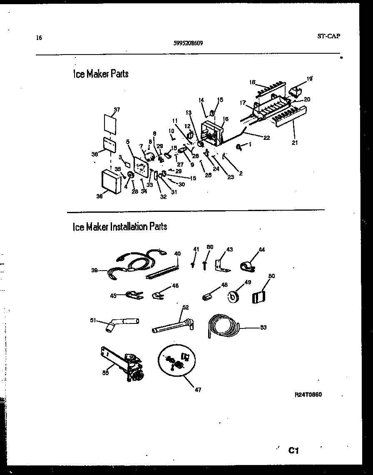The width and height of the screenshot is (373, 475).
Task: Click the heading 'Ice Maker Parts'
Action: coord(100,74)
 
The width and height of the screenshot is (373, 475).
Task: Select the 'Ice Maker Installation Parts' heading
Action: coord(120,227)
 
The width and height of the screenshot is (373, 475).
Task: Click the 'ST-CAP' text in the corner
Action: coord(328,36)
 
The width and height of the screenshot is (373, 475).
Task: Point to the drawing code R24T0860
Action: coord(308,394)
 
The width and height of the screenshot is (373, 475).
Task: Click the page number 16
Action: coord(39,38)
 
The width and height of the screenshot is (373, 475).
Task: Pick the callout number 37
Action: coord(117,109)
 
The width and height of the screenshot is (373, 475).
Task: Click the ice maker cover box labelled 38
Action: coord(112,182)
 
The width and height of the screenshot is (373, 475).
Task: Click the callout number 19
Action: coord(309,78)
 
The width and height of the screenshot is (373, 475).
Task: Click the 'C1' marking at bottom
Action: coord(294,450)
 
